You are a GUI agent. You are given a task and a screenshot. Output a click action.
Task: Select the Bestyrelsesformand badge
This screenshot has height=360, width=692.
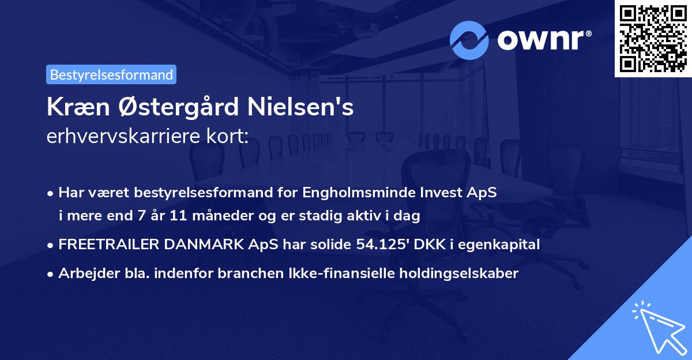click(x=111, y=74)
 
